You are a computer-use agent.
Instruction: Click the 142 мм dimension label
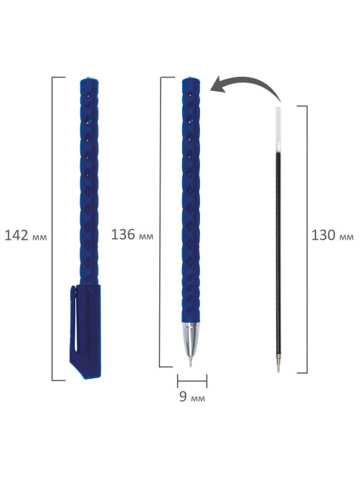(26, 236)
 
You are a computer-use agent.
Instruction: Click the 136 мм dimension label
(132, 235)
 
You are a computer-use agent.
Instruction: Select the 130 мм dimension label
(333, 236)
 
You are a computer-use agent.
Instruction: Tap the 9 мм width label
(192, 397)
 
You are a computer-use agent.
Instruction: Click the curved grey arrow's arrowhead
(218, 85)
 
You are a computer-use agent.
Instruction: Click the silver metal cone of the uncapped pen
(191, 339)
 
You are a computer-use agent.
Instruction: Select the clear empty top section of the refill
(278, 128)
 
